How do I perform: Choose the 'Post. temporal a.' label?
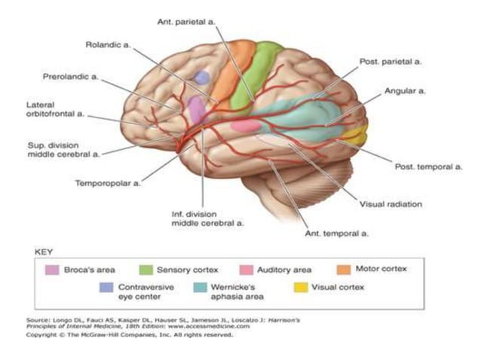click(x=428, y=166)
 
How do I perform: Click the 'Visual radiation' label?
click(x=390, y=203)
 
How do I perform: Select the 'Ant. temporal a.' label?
click(x=336, y=234)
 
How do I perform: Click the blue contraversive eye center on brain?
click(x=202, y=77)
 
